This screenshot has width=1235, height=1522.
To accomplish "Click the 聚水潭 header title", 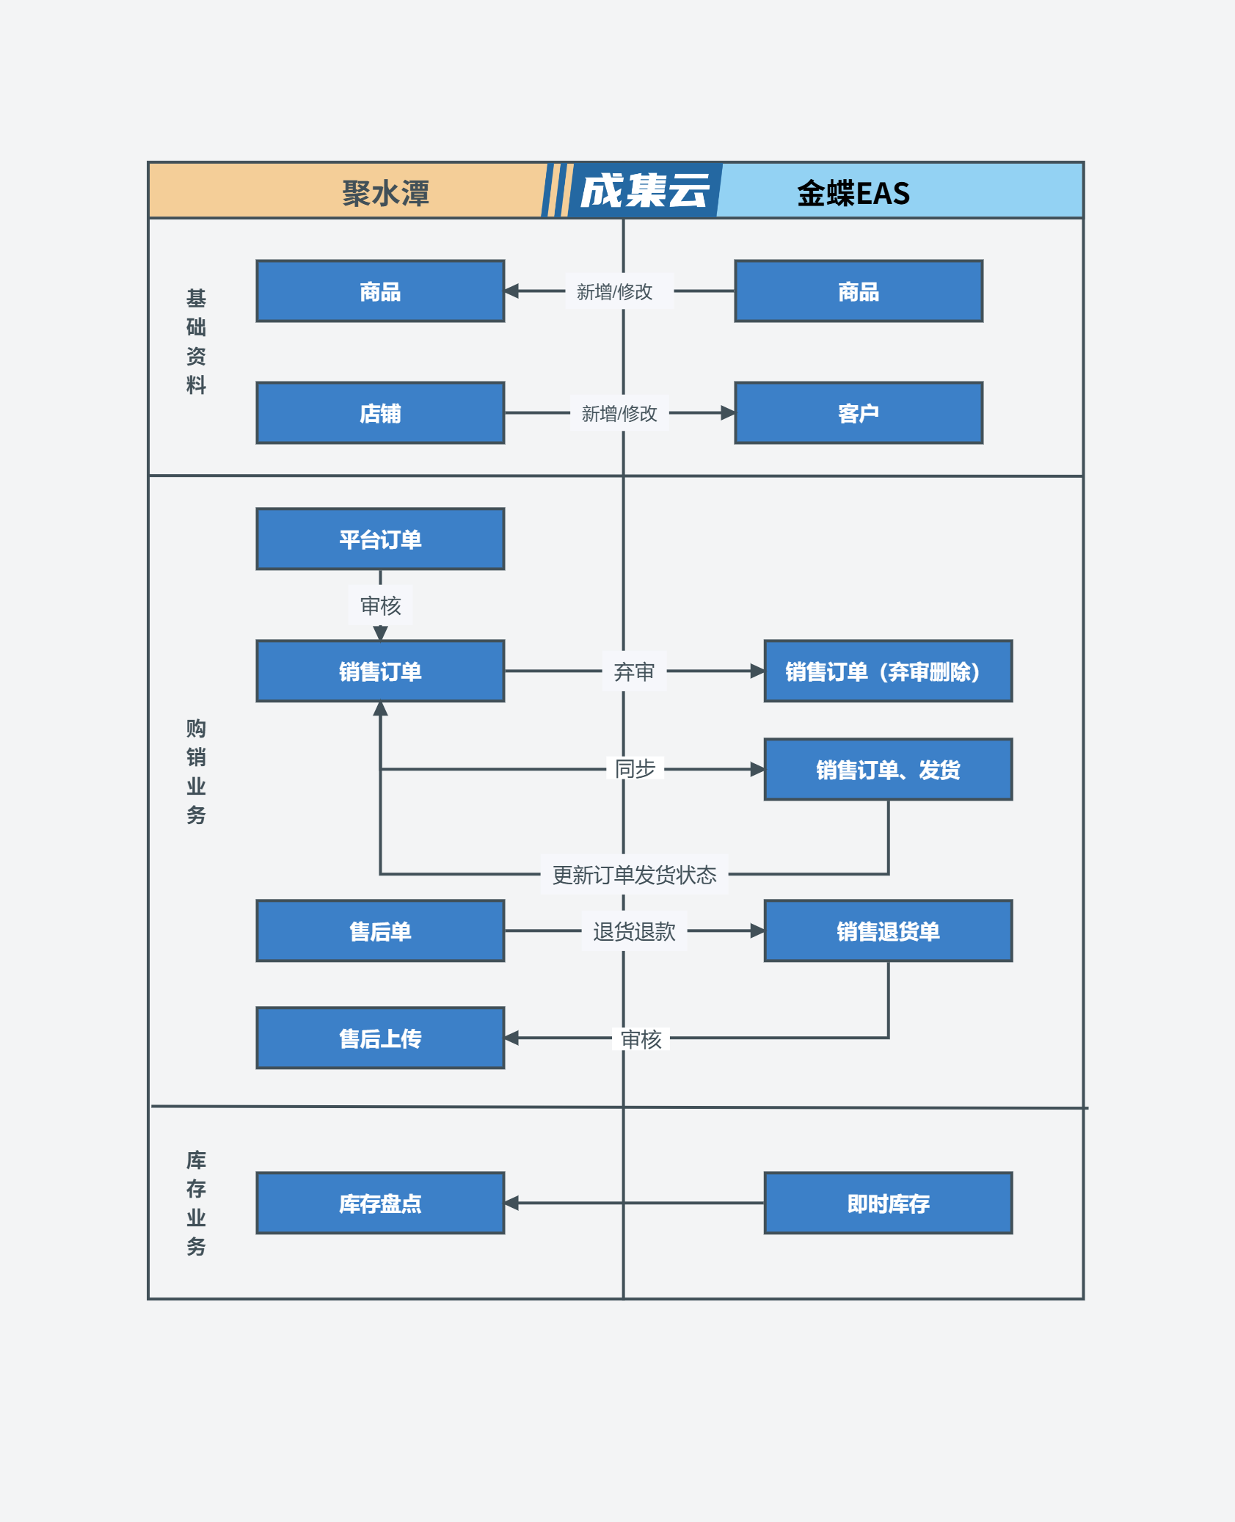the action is coord(385,194).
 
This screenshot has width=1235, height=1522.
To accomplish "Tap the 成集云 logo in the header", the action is coord(645,192).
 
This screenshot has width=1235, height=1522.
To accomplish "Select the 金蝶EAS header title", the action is coord(853,194).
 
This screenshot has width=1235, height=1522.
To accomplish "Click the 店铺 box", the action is coord(380,413).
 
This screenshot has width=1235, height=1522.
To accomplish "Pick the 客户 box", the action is coord(859,413).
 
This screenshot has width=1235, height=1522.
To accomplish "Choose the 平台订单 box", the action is coord(380,539).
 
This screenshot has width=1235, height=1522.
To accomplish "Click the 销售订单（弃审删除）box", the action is coord(888,671).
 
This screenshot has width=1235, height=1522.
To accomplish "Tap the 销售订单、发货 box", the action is coord(888,770).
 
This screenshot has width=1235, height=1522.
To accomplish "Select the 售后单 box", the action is coord(380,931).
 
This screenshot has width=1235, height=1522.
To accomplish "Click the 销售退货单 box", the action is coord(888,931).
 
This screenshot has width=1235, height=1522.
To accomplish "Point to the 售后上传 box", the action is coord(380,1038).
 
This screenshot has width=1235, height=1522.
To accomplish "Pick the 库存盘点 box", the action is coord(380,1204).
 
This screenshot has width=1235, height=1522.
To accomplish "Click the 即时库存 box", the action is coord(888,1204).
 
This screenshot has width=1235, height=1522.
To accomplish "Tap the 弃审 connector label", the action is coord(634,671).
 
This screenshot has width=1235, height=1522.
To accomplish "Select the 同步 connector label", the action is coord(635,769).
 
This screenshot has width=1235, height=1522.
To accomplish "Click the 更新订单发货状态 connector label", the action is coord(635,875).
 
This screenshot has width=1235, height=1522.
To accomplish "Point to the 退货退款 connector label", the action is coord(635,931).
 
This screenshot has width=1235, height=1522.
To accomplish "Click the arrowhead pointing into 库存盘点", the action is coord(511,1204).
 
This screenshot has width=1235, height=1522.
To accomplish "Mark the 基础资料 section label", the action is coord(196,341).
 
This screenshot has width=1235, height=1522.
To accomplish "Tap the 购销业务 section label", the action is coord(196,771).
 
